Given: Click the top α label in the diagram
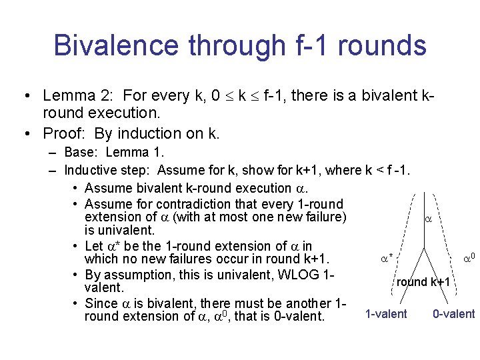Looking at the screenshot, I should pos(427,219).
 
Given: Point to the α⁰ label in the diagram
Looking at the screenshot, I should pos(469,257).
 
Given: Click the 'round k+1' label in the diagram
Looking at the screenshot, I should pos(423,282).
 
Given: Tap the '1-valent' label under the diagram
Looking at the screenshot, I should pos(386,314).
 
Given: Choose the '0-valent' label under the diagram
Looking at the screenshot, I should pos(453,314).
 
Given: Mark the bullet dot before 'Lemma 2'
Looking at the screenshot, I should pos(25,96).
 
